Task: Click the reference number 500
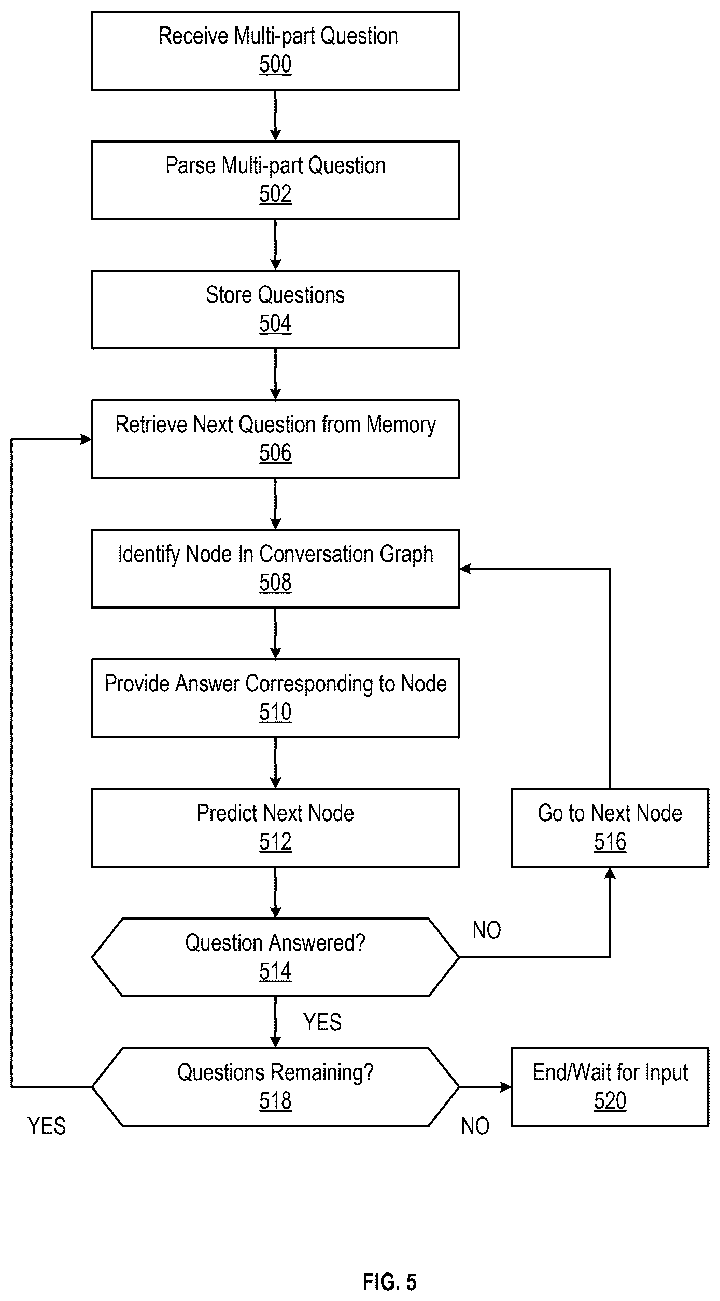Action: [275, 65]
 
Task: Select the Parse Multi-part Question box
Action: [275, 180]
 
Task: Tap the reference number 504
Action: [275, 324]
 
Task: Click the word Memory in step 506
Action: [401, 425]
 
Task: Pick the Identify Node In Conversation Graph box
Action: [275, 569]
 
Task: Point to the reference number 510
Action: [275, 713]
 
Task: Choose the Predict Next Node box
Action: [275, 828]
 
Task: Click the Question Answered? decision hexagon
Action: [275, 957]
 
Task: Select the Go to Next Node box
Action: [610, 828]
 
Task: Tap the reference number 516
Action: [610, 842]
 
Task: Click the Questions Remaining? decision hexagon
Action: [275, 1087]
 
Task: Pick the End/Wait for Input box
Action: [610, 1087]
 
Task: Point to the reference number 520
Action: [610, 1101]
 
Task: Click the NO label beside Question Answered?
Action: [487, 931]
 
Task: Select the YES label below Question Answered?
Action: [322, 1023]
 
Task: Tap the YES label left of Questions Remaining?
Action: [47, 1126]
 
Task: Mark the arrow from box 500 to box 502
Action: [275, 116]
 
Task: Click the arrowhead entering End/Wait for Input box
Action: [506, 1087]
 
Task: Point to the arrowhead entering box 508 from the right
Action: [465, 569]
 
